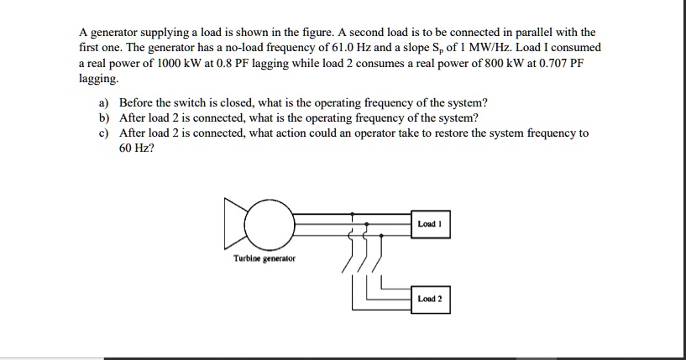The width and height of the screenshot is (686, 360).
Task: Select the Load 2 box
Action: pos(432,299)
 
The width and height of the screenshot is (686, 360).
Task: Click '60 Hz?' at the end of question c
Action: pos(136,147)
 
